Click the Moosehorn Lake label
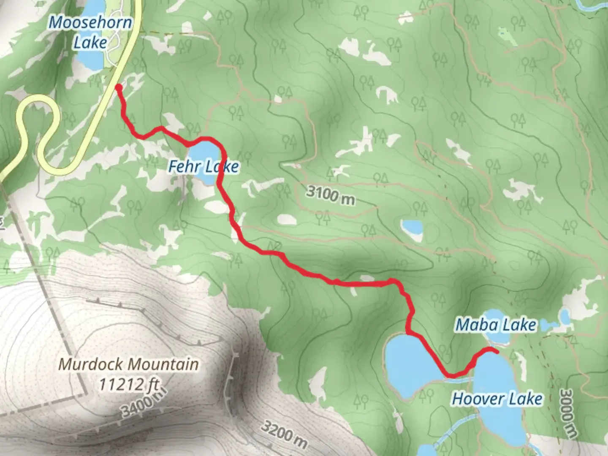pos(90,33)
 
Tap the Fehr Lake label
pos(204,166)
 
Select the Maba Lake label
pos(496,325)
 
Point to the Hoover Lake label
pos(497,399)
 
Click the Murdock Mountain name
pos(128,364)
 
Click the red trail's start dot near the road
pos(119,87)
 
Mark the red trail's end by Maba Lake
pos(497,350)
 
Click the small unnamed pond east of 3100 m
pos(412,228)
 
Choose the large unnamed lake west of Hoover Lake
pos(407,363)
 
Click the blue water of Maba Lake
pos(498,337)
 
